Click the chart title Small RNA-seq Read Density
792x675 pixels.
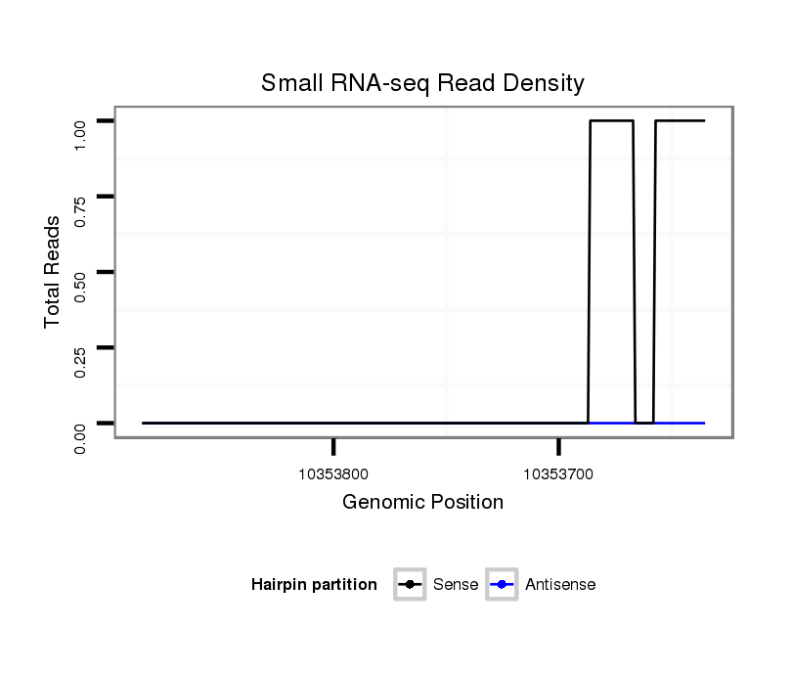click(x=422, y=83)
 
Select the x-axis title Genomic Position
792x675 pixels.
click(x=422, y=503)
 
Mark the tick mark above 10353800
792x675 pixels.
click(x=333, y=447)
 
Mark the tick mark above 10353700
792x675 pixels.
click(x=558, y=447)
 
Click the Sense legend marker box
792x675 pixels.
click(x=410, y=585)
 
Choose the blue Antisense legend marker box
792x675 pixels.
click(x=501, y=585)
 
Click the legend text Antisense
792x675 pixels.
click(x=560, y=585)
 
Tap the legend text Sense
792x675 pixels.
click(x=455, y=585)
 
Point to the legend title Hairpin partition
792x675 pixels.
click(x=314, y=585)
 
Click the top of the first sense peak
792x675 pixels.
click(x=611, y=120)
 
